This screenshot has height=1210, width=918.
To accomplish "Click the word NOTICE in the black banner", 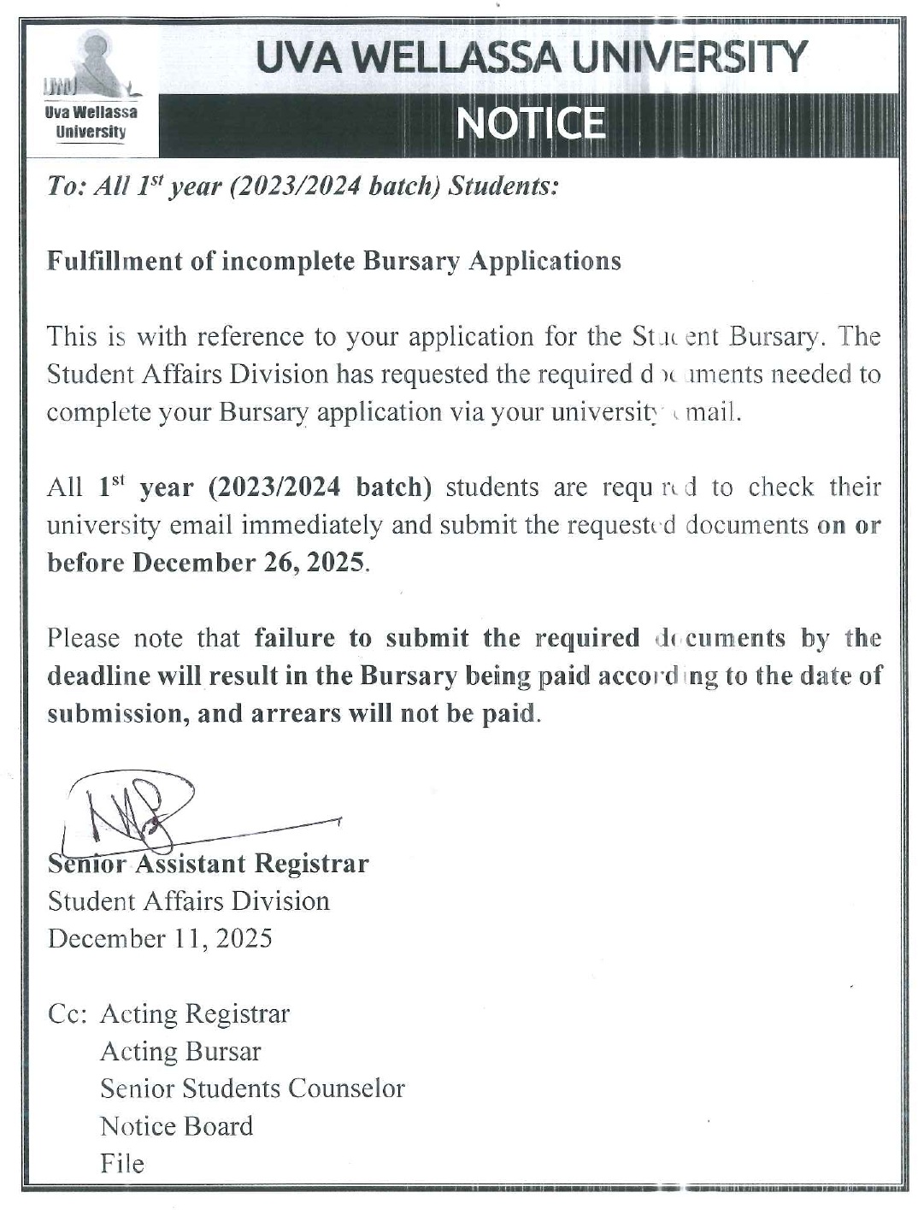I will (531, 124).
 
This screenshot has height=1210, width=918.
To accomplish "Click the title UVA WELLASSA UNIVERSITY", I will (531, 56).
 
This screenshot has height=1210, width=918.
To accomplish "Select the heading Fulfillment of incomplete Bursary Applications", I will (333, 261).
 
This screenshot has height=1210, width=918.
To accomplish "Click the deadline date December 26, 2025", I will (250, 563).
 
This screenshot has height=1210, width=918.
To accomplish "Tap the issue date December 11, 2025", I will (160, 938).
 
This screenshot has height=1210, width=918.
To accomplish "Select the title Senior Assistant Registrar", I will (208, 864).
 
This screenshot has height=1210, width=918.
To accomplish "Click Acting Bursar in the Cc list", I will (180, 1051).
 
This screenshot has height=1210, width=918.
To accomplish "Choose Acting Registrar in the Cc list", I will (195, 1013).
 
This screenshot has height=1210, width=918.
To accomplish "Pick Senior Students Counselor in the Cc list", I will (252, 1089).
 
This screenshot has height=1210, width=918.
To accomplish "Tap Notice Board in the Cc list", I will (176, 1126).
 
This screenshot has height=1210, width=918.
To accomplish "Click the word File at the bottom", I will (121, 1164).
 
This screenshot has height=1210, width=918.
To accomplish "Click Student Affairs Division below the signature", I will (188, 901).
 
